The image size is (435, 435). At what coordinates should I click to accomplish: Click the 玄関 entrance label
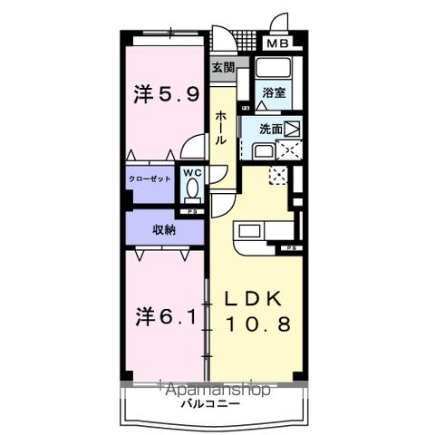(x=224, y=66)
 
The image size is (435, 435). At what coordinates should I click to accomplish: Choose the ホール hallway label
(x=222, y=129)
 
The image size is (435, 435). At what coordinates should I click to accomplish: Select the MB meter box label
(x=276, y=43)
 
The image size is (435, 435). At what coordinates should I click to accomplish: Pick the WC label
(x=191, y=172)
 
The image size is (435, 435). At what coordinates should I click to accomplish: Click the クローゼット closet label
(x=150, y=179)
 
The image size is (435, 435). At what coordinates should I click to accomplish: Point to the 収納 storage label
(x=163, y=229)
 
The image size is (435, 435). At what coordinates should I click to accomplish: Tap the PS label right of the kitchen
(x=293, y=248)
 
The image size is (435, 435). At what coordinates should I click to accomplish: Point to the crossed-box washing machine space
(x=293, y=150)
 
